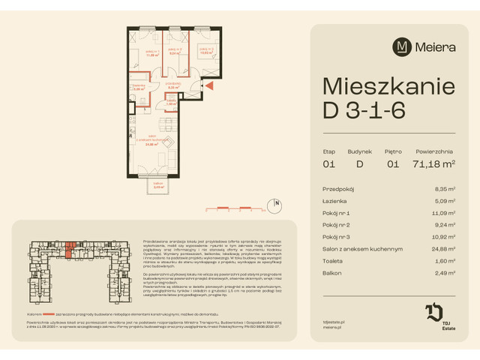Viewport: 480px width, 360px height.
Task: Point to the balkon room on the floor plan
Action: pos(157,184)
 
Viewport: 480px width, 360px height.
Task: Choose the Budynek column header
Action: pos(359,151)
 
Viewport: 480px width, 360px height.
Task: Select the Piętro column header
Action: pos(394,151)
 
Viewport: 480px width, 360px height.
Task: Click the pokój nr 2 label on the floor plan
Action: pos(175,51)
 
